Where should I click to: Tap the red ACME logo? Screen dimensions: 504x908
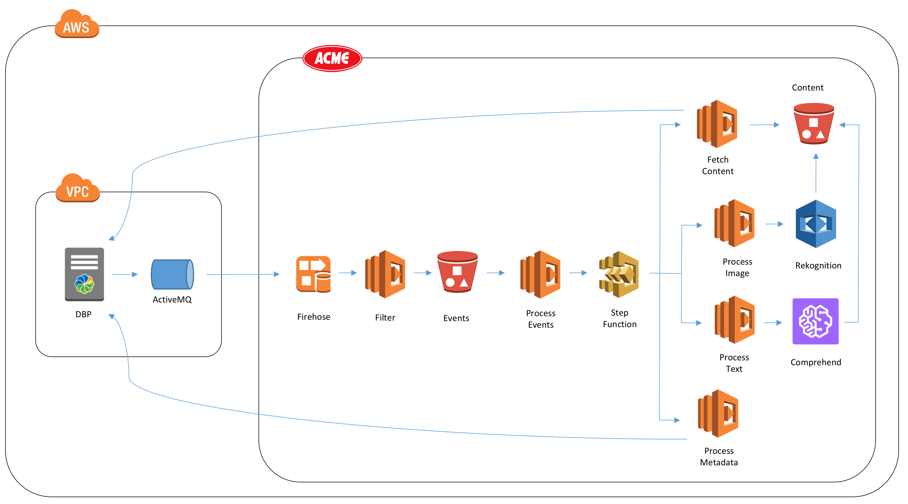tap(332, 58)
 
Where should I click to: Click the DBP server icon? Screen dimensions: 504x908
tap(84, 274)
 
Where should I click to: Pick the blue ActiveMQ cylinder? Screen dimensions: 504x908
tap(172, 274)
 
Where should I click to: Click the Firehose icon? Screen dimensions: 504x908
tap(313, 274)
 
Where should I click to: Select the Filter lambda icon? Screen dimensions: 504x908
tap(385, 274)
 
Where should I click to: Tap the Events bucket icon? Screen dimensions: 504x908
tap(457, 272)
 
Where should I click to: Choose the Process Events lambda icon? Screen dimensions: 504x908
tap(540, 274)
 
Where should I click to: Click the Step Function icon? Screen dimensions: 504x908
tap(619, 274)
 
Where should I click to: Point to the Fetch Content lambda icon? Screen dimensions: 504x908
tap(717, 124)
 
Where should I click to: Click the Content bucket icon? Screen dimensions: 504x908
tap(813, 123)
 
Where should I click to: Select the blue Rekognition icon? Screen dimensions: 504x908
tap(816, 224)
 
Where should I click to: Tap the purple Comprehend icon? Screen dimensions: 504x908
tap(815, 321)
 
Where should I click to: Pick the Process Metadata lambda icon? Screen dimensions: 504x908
tap(718, 414)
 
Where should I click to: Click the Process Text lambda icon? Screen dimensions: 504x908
tap(734, 320)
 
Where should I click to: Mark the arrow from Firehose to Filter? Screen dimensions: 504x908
tap(348, 273)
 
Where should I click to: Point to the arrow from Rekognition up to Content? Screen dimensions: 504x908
tap(816, 173)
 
